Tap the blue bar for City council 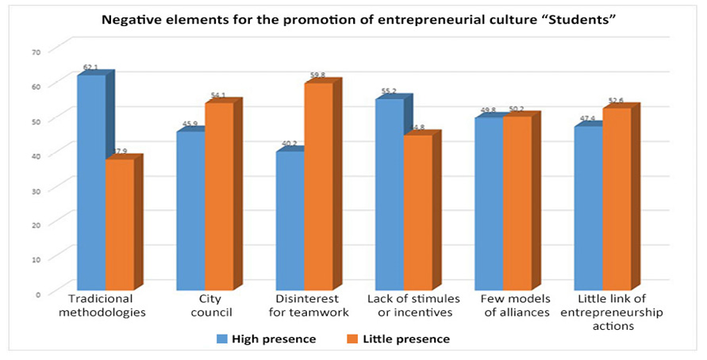pos(190,210)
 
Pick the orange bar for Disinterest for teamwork pos(318,186)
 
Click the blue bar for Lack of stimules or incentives pos(389,194)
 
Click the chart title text pos(353,19)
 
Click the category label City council pos(205,307)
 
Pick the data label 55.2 pos(389,92)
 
